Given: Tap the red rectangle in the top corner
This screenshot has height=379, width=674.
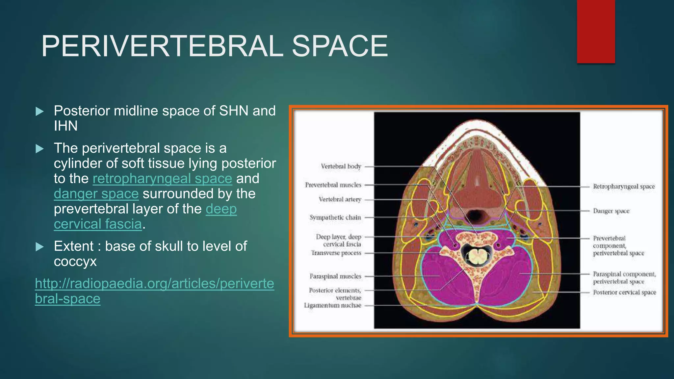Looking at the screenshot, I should [596, 31].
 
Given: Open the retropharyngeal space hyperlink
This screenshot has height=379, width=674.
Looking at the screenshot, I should [162, 179].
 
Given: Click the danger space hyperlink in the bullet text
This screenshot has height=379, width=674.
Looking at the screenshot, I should [96, 194].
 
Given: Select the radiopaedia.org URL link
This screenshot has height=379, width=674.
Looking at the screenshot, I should [154, 291].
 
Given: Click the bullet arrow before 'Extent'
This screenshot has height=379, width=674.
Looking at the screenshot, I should [39, 246].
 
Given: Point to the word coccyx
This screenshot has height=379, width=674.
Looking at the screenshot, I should [75, 262].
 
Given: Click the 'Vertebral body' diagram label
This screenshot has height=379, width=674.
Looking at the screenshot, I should [341, 166].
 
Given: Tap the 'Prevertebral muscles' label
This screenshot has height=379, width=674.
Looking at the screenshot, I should [333, 185].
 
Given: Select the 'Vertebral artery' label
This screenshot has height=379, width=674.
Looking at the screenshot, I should [340, 199].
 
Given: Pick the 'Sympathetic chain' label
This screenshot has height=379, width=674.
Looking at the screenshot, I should [335, 217].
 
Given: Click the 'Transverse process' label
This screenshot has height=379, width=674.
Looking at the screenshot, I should [336, 253].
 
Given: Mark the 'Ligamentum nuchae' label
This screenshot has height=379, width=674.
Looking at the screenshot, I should [332, 305].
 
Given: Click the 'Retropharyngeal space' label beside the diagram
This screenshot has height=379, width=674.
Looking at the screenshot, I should [624, 187].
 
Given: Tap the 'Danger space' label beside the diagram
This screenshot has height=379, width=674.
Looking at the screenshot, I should [611, 211].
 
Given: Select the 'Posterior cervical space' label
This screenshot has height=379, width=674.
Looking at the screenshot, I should [624, 292].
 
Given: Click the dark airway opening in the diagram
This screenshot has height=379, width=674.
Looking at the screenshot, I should [475, 216].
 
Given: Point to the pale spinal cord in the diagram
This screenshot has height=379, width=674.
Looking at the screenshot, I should [476, 256].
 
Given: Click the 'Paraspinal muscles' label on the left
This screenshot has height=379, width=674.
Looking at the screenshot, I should [335, 276].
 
